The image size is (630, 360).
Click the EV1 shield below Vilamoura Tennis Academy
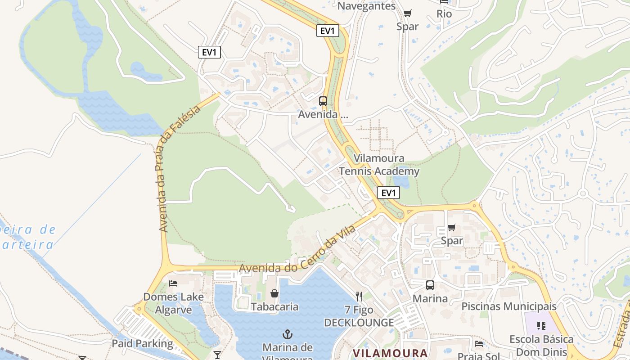pos(388,193)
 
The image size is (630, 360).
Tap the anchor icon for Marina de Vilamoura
pos(287,334)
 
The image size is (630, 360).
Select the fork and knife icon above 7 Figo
pos(359,296)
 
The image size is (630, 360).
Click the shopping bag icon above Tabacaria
pos(274,293)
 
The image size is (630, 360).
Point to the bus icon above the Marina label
pos(430,285)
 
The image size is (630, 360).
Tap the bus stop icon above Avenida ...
pos(323,101)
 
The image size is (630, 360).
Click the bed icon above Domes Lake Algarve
pos(173,283)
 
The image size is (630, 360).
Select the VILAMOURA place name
pos(390,353)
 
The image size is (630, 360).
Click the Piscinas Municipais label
pos(509,306)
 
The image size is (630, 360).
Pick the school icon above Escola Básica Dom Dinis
pos(541,325)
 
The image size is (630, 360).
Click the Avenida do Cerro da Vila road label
pos(297,250)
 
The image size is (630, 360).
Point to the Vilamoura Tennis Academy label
pos(379,165)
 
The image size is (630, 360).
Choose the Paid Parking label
pos(142,343)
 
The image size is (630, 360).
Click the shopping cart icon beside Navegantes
pos(407,13)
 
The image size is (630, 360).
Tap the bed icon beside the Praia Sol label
pos(479,344)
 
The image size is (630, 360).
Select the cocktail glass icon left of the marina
pos(217,355)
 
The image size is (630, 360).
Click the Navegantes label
pos(366,6)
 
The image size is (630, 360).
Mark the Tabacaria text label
pos(274,307)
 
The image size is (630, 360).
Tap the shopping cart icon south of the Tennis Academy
pos(451,227)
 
